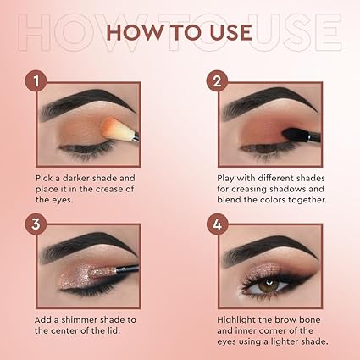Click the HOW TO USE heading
(180, 32)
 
